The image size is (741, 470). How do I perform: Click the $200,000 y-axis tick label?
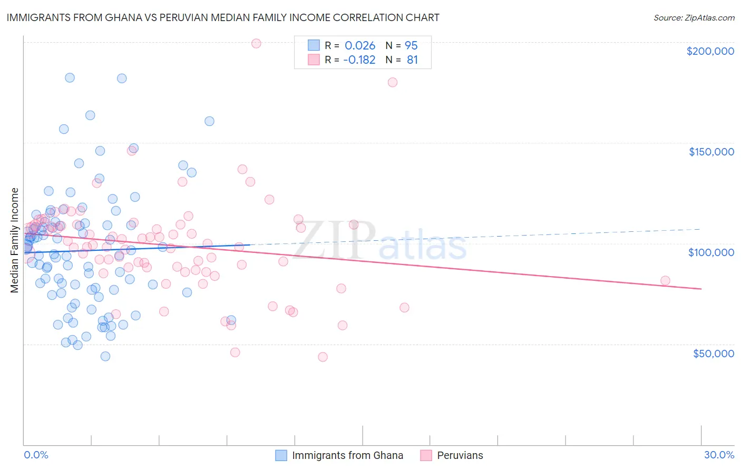[710, 51]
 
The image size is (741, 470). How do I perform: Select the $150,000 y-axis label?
[711, 152]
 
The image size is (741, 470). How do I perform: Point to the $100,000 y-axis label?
[711, 252]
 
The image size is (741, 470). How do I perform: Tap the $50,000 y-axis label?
[713, 353]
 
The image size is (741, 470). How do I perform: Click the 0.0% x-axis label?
[36, 455]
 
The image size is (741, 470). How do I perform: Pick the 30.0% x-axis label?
[719, 455]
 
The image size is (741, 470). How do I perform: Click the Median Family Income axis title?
[15, 240]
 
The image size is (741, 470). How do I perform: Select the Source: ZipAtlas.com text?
[694, 18]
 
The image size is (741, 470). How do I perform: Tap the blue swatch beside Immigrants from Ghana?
[281, 455]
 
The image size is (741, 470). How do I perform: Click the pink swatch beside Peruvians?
[426, 455]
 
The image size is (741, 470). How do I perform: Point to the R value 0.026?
[360, 45]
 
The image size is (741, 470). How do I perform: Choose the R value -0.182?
[359, 60]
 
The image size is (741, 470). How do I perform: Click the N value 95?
[411, 45]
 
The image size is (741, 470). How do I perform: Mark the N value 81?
[412, 60]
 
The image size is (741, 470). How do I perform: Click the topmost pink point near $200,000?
[256, 43]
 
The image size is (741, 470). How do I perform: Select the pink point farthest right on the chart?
[665, 281]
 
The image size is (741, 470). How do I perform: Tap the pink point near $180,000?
[393, 82]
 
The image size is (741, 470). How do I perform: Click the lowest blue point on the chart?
[105, 356]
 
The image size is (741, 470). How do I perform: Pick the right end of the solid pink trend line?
[701, 289]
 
